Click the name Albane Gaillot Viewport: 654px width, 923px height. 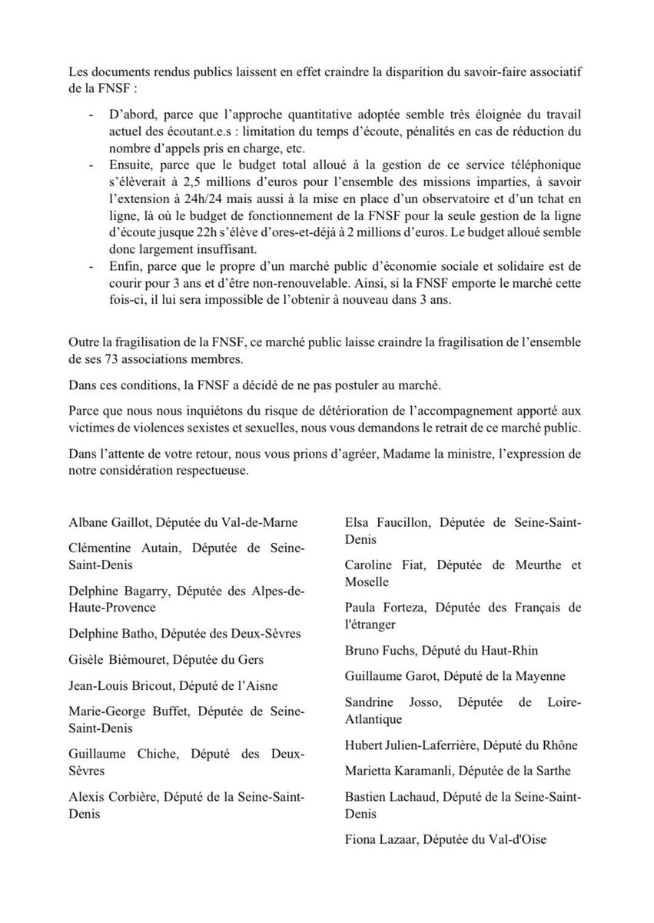(108, 523)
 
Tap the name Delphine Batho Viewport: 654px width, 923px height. (107, 635)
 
